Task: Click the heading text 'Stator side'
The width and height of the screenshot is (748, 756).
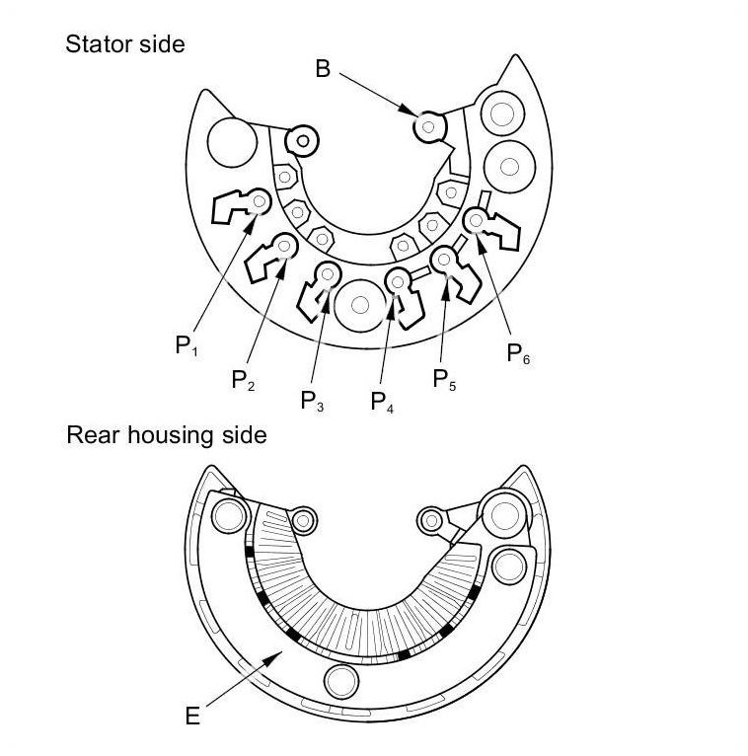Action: pos(124,44)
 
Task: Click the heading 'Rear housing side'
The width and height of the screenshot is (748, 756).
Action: pos(166,434)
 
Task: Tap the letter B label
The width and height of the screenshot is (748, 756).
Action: pos(323,70)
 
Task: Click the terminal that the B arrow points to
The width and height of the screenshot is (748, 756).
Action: pos(428,127)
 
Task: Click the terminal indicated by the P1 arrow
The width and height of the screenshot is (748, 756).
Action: pos(259,201)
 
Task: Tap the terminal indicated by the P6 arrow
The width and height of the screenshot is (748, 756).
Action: pos(476,221)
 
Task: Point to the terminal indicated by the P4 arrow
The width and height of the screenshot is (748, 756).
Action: pos(398,282)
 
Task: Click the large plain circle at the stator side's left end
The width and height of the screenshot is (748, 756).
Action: pos(232,142)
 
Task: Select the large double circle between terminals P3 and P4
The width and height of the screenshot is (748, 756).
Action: pos(358,305)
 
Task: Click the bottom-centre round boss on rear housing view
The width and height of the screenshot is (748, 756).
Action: pos(342,680)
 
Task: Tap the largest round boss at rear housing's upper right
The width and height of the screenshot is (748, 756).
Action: pos(504,513)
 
